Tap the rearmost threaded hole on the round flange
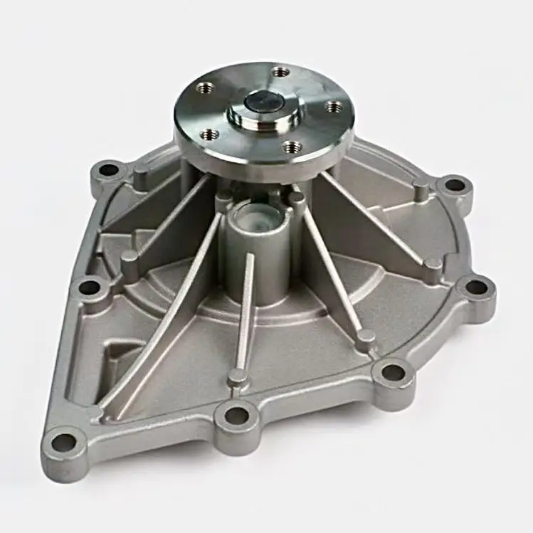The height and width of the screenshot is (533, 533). [281, 72]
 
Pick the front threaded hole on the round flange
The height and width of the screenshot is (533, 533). [290, 147]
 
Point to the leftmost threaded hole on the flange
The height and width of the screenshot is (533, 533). [209, 133]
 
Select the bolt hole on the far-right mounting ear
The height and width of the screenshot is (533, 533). [475, 287]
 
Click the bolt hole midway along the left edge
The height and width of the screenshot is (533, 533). [89, 287]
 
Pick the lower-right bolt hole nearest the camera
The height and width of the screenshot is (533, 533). [392, 372]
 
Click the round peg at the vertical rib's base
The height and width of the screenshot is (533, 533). [238, 375]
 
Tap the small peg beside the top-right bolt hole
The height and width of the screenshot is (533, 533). [421, 191]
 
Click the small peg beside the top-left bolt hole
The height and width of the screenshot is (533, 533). [141, 174]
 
